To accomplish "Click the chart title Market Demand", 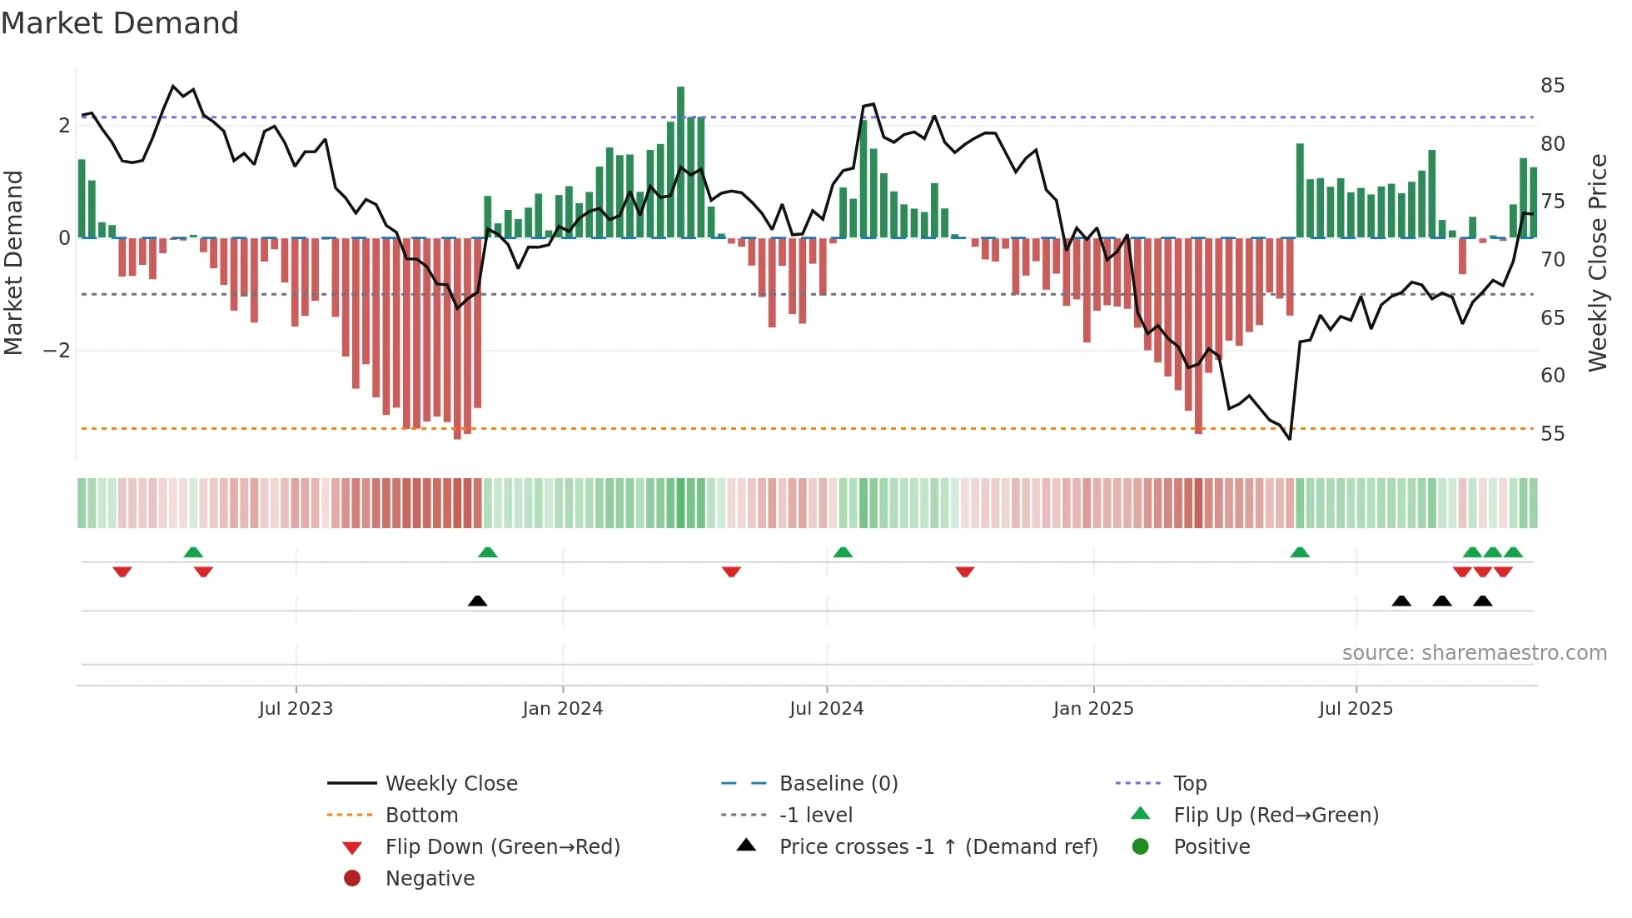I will point(120,23).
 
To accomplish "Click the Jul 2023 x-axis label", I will point(296,709).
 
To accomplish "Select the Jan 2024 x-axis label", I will point(562,709).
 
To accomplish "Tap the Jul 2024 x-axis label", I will point(826,709).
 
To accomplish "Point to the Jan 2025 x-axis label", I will point(1092,709).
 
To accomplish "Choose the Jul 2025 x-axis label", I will point(1356,709).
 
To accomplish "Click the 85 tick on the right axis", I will point(1552,86).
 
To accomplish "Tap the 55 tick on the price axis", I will point(1552,434).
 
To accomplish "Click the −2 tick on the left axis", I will point(57,351).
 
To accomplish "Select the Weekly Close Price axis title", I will point(1597,262).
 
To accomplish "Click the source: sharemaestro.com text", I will point(1474,653).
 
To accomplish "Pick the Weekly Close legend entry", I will point(450,784).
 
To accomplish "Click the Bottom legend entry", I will point(421,816).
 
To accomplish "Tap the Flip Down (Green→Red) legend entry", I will point(502,847).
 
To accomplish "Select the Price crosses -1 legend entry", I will point(938,847).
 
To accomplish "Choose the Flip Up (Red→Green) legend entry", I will point(1276,816).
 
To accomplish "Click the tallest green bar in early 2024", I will point(680,162).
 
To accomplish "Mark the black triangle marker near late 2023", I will point(477,601).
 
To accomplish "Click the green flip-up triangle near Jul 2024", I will point(843,552).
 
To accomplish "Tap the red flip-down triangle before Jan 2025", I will point(964,571).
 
